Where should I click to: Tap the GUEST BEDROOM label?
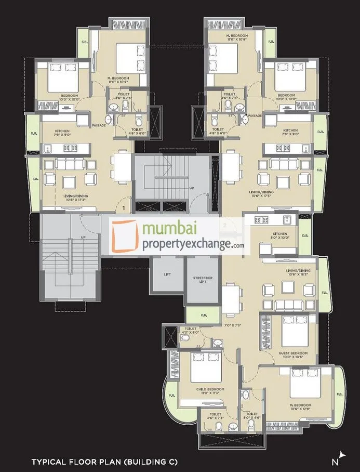[295, 353]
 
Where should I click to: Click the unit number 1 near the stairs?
[124, 208]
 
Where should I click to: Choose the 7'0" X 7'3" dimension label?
[232, 326]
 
